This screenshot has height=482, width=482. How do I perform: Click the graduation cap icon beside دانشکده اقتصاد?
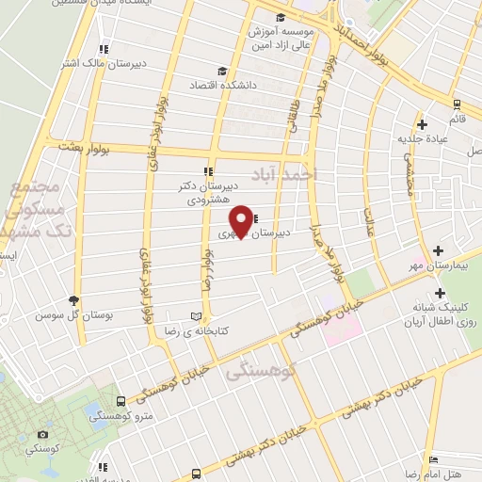[222, 71]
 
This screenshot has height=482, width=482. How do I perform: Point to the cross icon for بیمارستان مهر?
[439, 250]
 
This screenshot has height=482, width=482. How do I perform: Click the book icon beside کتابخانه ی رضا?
[196, 316]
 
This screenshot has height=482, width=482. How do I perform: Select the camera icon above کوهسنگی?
[42, 435]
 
